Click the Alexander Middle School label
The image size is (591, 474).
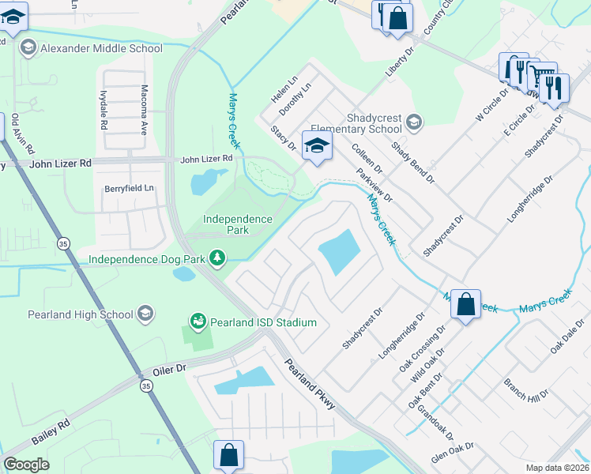pos(101,48)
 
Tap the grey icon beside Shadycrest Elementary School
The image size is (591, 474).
pos(414,122)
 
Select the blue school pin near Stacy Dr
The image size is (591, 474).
pos(317,147)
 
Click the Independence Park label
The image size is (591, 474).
pos(238,224)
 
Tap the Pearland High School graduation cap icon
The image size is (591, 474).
pos(145,314)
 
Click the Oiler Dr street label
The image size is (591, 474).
pos(169,369)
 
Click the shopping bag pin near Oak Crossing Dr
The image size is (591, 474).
pos(465,304)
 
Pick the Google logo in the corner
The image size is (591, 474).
pos(27,464)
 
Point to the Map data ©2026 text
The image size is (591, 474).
pos(558,468)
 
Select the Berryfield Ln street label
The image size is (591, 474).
pos(130,189)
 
